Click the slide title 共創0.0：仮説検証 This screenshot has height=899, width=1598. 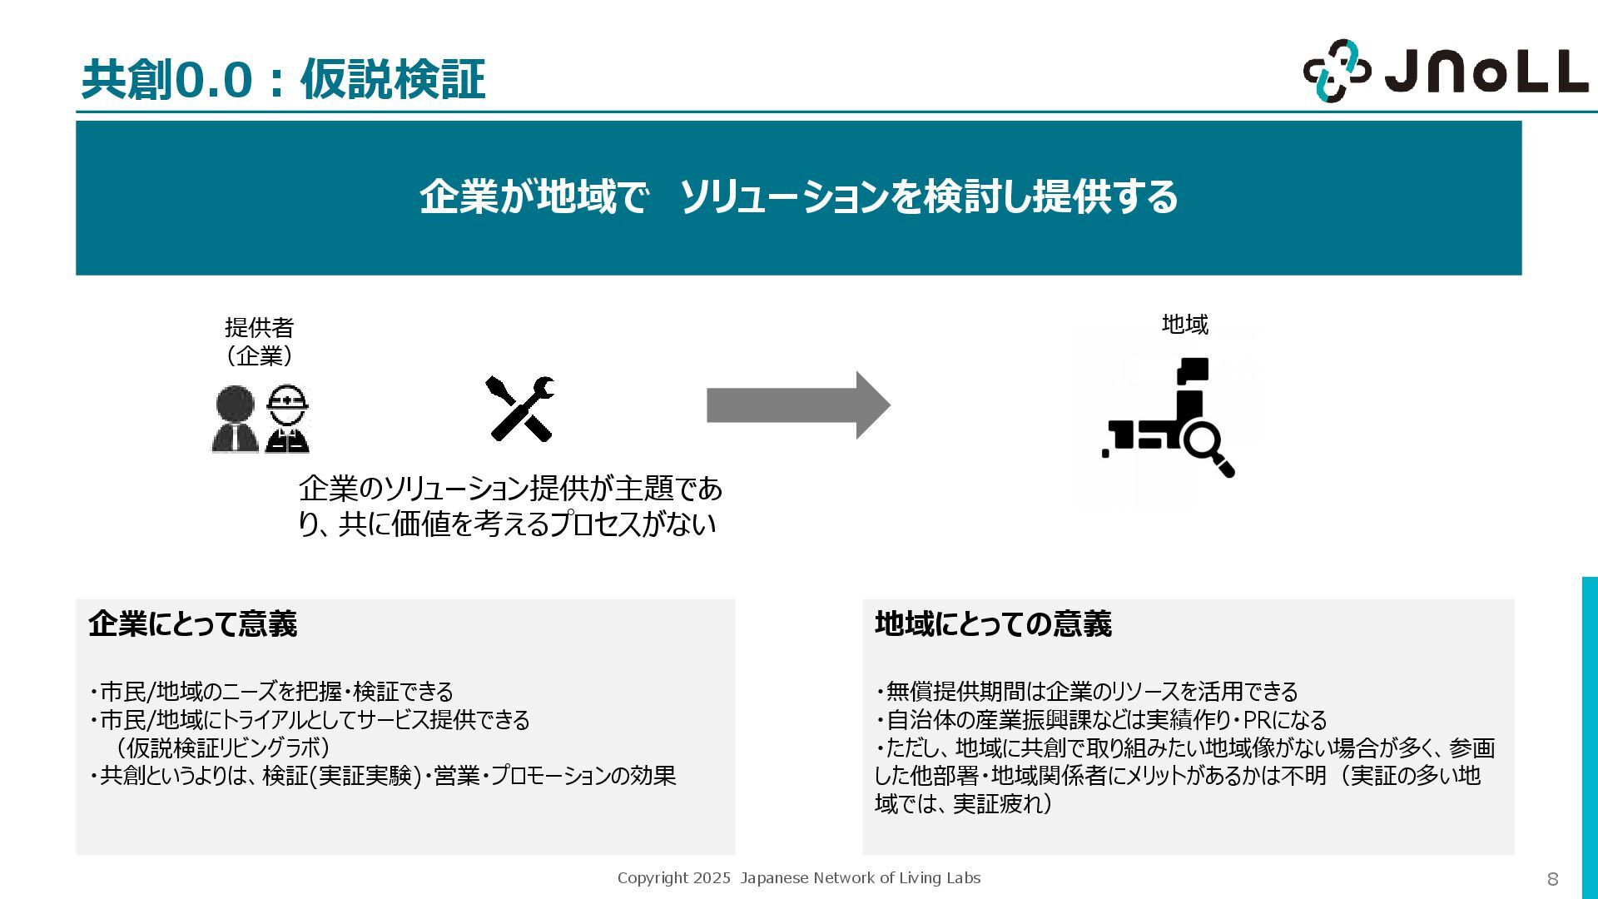[x=283, y=81]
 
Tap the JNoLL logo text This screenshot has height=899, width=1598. [x=1486, y=72]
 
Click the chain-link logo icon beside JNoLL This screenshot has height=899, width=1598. [x=1336, y=72]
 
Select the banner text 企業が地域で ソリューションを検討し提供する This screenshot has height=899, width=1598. [x=798, y=197]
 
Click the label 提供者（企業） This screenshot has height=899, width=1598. [x=259, y=341]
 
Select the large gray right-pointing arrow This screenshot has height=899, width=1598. [x=798, y=405]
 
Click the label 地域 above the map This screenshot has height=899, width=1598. [x=1184, y=325]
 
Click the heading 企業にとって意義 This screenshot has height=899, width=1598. [x=192, y=623]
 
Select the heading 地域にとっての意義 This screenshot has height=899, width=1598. [x=993, y=623]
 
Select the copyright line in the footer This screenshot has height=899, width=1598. [x=798, y=878]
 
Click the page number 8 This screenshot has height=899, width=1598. [x=1552, y=879]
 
